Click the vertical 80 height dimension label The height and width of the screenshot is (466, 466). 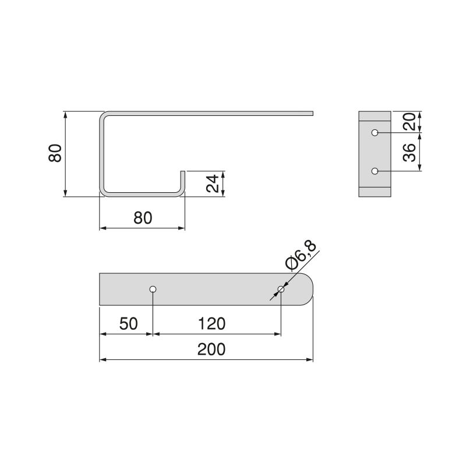pos(55,154)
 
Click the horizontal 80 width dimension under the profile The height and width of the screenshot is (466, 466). pos(143,218)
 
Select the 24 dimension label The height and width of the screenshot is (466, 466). pos(214,183)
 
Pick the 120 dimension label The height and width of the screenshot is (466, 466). pos(211,323)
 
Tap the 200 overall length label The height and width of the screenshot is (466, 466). pos(211,349)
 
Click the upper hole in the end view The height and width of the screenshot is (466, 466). pos(375,133)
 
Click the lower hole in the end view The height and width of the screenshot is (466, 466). pos(375,171)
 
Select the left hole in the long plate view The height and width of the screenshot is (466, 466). pos(153,289)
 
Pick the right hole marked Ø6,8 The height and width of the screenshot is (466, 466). pos(281,289)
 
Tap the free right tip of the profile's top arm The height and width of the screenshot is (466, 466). pos(312,112)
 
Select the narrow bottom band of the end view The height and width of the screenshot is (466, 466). pos(375,192)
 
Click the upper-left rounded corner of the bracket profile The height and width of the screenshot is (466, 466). pos(103,115)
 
